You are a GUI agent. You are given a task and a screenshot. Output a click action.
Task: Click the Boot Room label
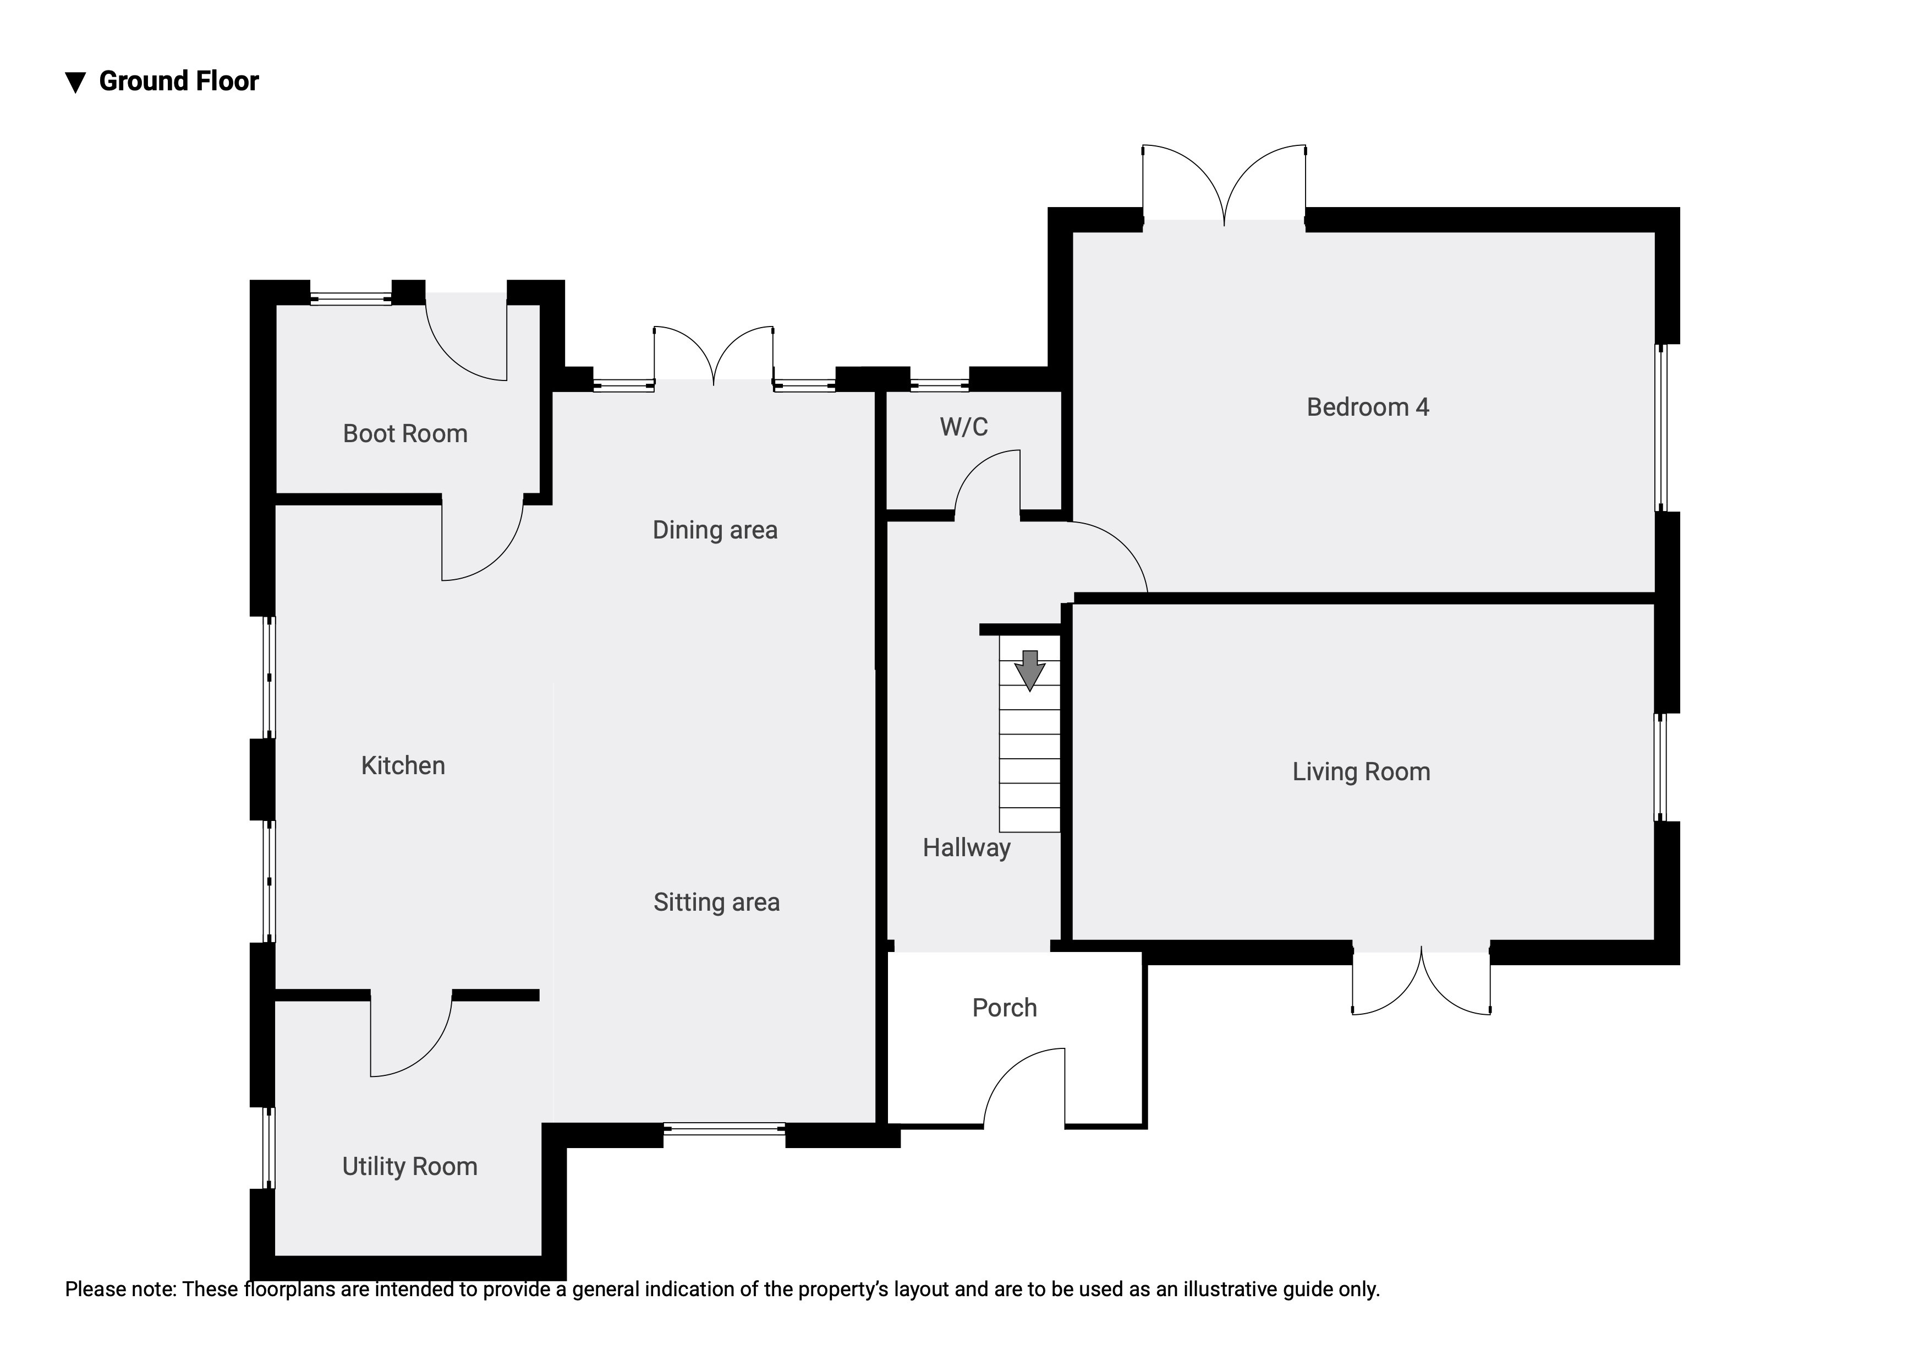click(x=404, y=434)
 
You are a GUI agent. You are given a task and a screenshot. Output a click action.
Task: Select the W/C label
click(x=963, y=427)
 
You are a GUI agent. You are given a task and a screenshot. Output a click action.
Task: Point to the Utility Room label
click(x=409, y=1167)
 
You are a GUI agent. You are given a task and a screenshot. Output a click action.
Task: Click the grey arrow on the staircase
click(x=1029, y=670)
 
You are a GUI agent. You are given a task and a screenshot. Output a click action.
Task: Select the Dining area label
click(x=715, y=530)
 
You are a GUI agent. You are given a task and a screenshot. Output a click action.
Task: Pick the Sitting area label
click(x=716, y=902)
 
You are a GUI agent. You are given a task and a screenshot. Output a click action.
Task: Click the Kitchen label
click(x=403, y=765)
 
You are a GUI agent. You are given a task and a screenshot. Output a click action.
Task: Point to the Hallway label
click(x=966, y=848)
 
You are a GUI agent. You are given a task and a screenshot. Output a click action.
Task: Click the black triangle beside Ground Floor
click(x=76, y=83)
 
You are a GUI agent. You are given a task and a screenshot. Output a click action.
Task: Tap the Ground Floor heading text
click(x=178, y=81)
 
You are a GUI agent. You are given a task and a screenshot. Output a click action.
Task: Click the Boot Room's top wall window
click(x=350, y=298)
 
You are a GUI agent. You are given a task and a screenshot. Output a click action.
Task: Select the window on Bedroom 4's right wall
click(x=1661, y=427)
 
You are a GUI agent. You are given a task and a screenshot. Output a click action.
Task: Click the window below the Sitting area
click(x=724, y=1129)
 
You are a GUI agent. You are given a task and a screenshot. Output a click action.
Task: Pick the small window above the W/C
click(x=939, y=385)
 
